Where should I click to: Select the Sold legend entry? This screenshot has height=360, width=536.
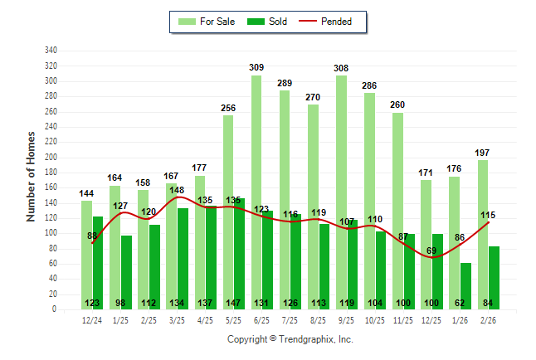click(270, 22)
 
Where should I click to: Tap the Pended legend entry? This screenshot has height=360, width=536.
click(335, 22)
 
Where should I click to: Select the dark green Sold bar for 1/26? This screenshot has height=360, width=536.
click(466, 286)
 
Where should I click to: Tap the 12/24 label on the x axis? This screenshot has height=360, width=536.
click(92, 319)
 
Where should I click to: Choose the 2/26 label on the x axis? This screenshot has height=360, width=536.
click(489, 319)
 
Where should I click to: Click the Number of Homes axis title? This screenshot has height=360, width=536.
click(31, 175)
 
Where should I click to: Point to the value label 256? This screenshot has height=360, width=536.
click(228, 108)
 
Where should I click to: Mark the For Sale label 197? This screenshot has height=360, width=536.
click(483, 153)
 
